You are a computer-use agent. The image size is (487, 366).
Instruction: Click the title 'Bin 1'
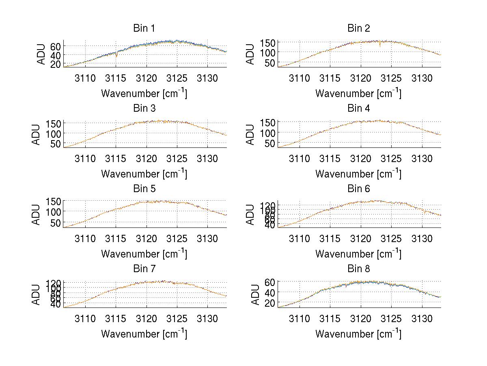(144, 28)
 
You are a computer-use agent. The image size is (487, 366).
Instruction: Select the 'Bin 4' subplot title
(359, 108)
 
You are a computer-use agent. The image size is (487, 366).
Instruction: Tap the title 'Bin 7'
(144, 269)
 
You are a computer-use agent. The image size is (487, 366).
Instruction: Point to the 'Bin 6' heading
(359, 189)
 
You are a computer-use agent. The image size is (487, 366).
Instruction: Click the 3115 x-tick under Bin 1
(116, 78)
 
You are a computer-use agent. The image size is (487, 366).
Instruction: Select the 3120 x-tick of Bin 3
(147, 158)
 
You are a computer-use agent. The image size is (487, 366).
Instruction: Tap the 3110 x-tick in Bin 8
(299, 319)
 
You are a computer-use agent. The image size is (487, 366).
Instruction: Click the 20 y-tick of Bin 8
(270, 303)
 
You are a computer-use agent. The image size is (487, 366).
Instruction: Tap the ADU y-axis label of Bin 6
(251, 214)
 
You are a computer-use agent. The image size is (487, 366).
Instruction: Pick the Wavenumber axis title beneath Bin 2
(358, 93)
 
